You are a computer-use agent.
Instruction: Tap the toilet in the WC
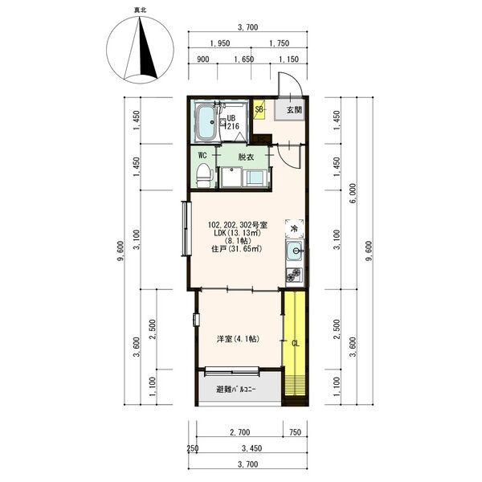pos(204,175)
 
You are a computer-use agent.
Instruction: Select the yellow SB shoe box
pos(259,109)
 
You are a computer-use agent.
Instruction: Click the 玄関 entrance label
pos(294,110)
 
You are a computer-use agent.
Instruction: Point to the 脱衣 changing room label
pos(246,157)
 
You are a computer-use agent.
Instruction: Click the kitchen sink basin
pos(295,251)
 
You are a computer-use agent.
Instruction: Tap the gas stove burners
pos(295,275)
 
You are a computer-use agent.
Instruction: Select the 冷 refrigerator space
pos(295,228)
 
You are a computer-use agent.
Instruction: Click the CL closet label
pos(295,343)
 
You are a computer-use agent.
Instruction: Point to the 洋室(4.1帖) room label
pos(239,339)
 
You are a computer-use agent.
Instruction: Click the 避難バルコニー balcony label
pos(235,390)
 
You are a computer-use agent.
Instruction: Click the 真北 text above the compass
pos(140,10)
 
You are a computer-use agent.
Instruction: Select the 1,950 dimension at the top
pos(220,43)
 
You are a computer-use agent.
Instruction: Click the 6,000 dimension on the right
pos(353,194)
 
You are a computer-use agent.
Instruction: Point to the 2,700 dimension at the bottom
pos(239,432)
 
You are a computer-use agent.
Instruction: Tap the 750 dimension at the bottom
pos(295,432)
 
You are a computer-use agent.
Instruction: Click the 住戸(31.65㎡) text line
pos(237,249)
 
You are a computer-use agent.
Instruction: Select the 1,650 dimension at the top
pos(244,59)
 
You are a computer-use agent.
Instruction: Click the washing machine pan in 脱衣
pos(231,178)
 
